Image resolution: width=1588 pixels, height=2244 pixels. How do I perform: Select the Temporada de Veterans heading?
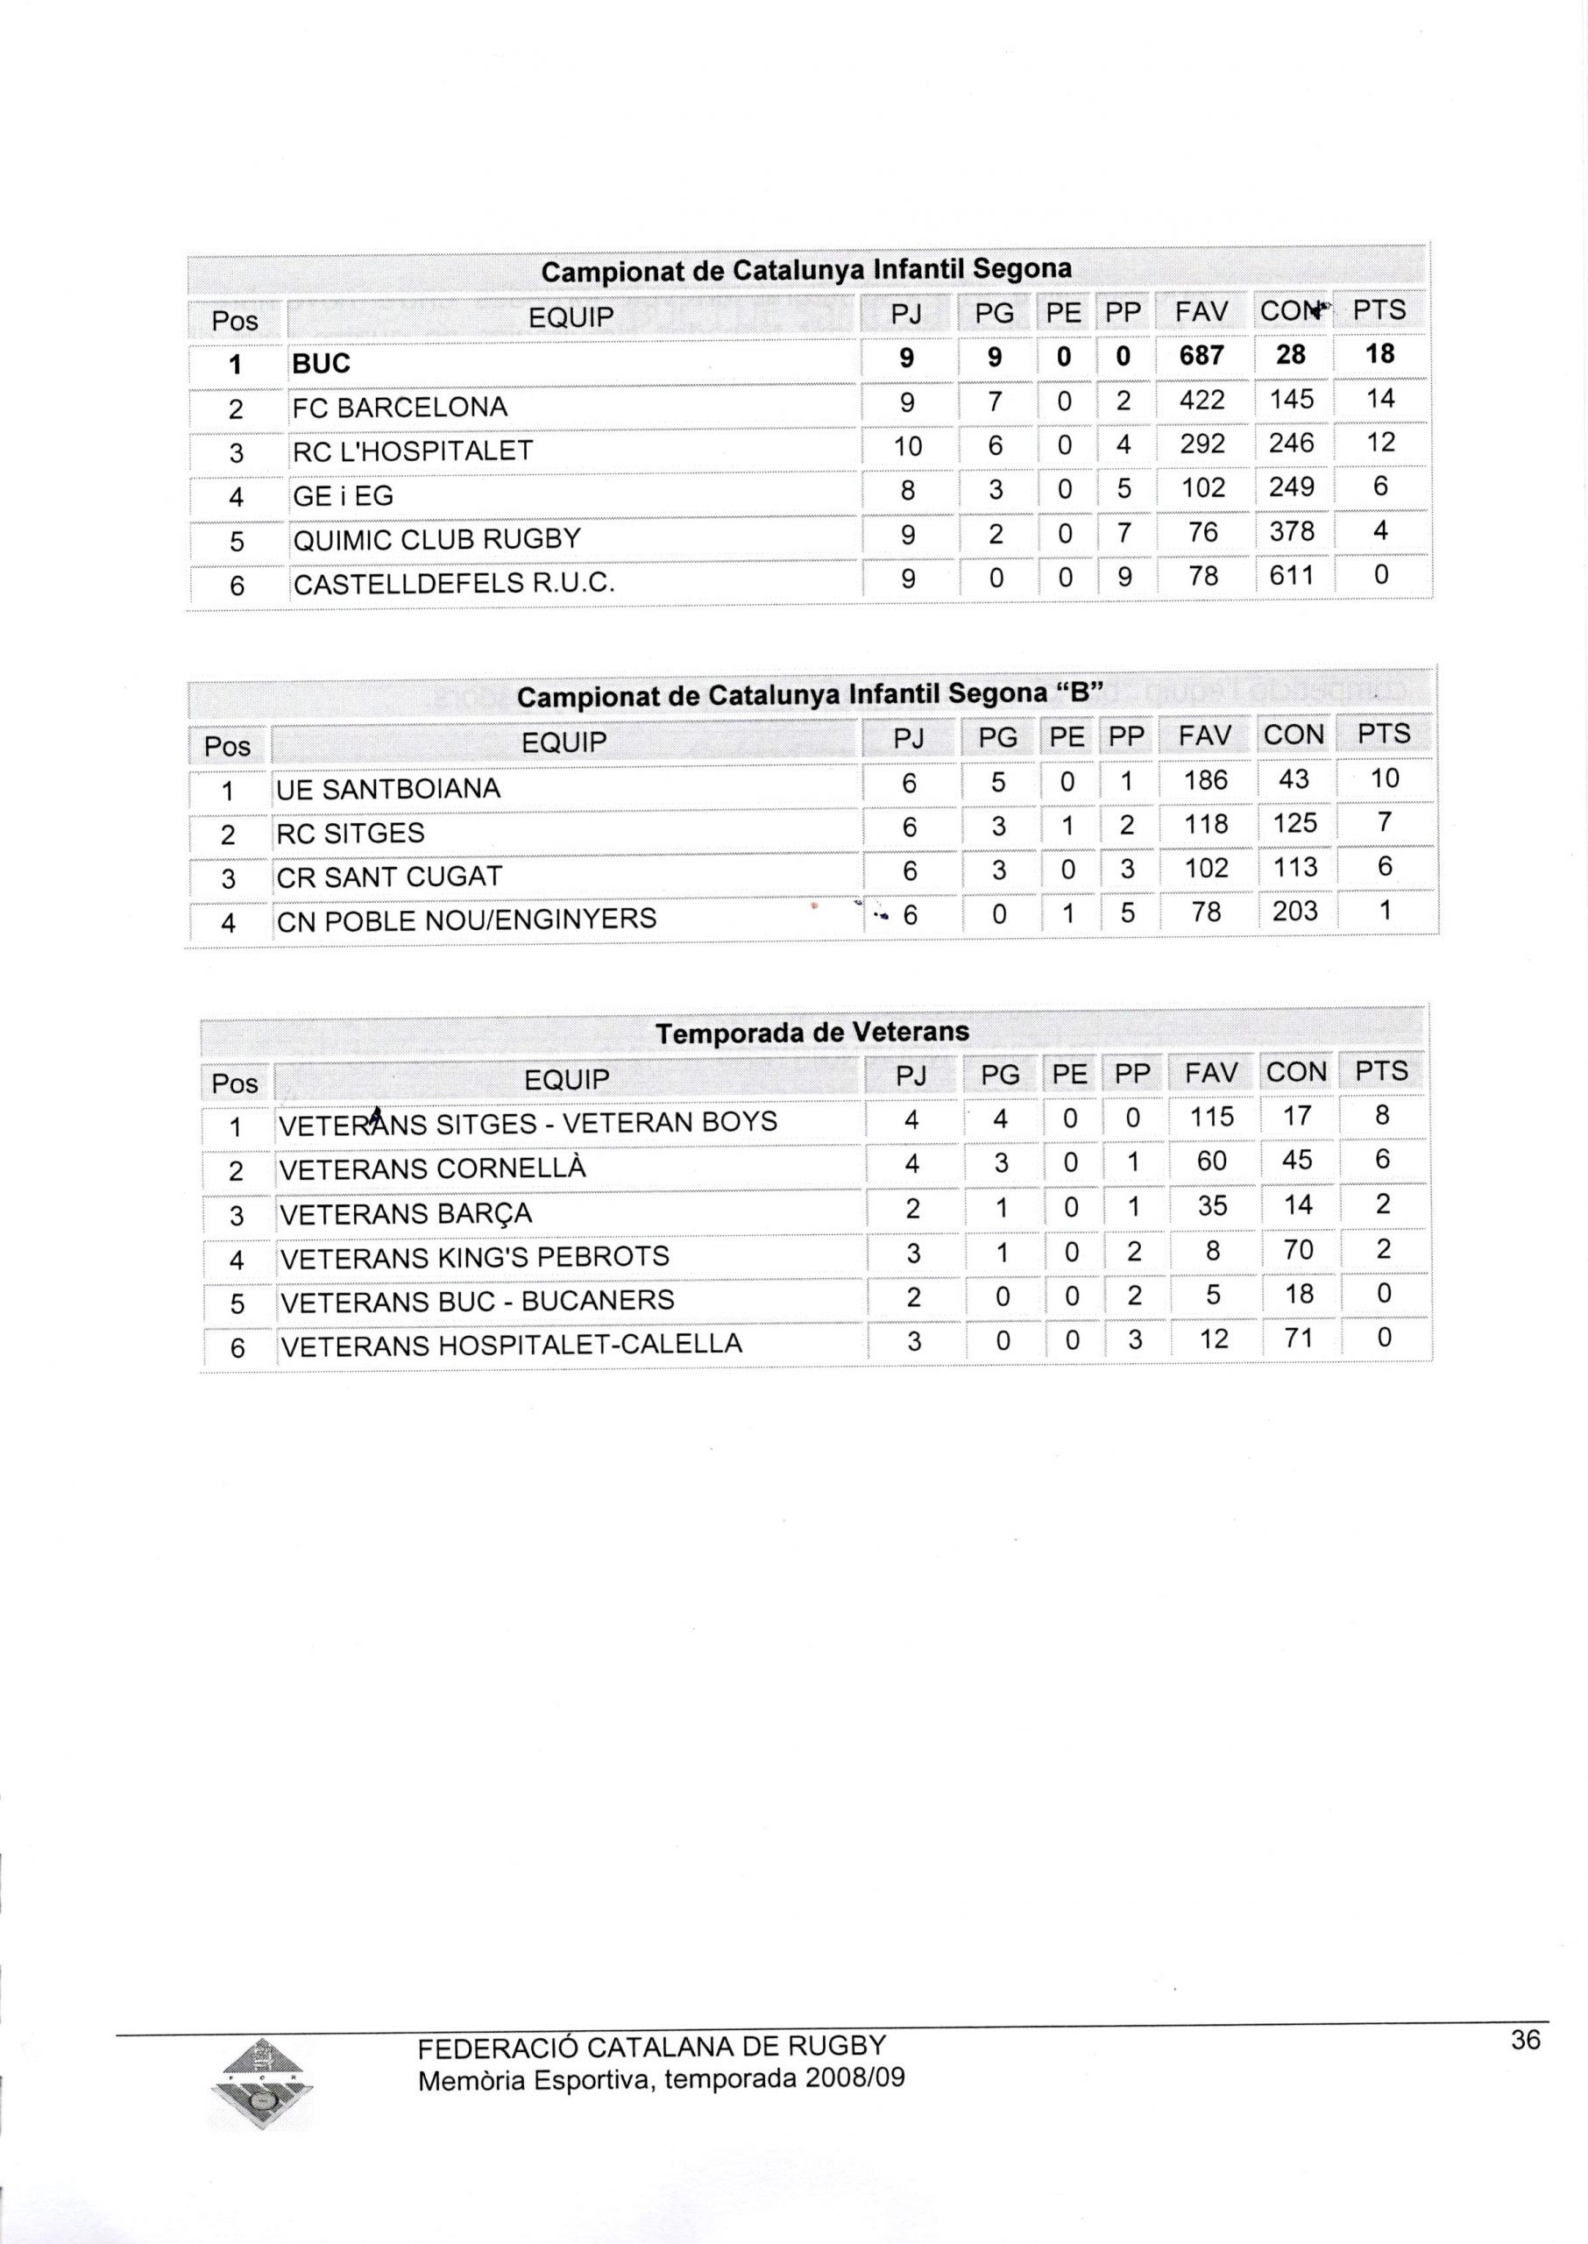pyautogui.click(x=812, y=1033)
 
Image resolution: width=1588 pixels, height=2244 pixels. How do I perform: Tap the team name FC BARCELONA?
pyautogui.click(x=400, y=407)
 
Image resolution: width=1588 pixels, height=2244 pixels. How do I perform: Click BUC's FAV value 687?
pyautogui.click(x=1202, y=355)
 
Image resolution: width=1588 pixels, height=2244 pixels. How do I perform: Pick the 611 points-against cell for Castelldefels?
pyautogui.click(x=1291, y=576)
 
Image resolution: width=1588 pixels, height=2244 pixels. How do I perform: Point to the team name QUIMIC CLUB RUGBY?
pyautogui.click(x=437, y=539)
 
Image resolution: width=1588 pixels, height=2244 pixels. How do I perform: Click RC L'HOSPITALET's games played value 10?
pyautogui.click(x=907, y=446)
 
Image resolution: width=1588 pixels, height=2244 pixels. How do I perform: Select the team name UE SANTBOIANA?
pyautogui.click(x=388, y=789)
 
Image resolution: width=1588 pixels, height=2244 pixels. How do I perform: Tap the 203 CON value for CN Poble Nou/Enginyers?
pyautogui.click(x=1294, y=912)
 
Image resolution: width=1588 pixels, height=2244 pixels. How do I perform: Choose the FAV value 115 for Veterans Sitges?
pyautogui.click(x=1211, y=1117)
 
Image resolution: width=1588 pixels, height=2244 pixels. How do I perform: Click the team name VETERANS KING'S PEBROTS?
pyautogui.click(x=474, y=1256)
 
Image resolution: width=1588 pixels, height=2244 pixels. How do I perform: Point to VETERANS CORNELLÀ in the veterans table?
pyautogui.click(x=433, y=1168)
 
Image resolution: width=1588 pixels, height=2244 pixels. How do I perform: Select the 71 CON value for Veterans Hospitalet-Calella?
pyautogui.click(x=1298, y=1338)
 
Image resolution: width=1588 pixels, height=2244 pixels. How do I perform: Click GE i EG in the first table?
pyautogui.click(x=344, y=496)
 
